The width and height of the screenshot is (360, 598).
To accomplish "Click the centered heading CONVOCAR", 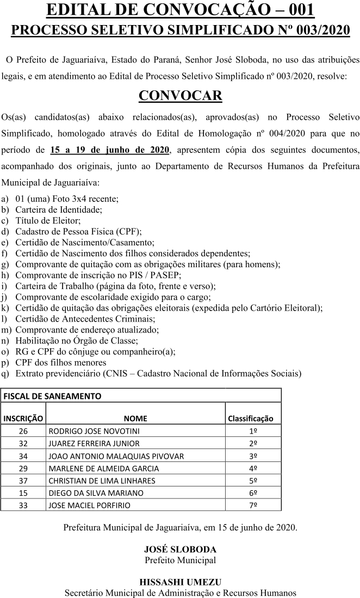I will point(180,96).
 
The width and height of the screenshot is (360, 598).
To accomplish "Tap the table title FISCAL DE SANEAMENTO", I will point(53,396).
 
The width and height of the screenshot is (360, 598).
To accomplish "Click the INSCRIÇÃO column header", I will point(23,418).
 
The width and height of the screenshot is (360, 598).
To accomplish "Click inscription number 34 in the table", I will point(23,455).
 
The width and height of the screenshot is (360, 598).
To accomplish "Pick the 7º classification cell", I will point(253,505).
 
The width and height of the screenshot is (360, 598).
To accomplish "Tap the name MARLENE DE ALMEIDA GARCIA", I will point(104,468).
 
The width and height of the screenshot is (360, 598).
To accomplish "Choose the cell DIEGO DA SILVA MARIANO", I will point(96,492).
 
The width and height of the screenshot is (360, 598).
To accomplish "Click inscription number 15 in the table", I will point(23,492).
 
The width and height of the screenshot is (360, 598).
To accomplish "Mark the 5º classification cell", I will point(253,480).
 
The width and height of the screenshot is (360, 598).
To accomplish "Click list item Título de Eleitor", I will point(48,220).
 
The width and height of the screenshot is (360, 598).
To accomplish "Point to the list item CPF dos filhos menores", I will point(61,362).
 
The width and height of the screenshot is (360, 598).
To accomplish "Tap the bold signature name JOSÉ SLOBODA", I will point(180,550).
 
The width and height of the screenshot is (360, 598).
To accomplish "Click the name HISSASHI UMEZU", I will point(180,582).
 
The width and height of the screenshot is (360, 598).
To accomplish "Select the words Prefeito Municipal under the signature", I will point(180,560).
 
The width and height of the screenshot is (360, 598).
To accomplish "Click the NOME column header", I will point(135,418).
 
